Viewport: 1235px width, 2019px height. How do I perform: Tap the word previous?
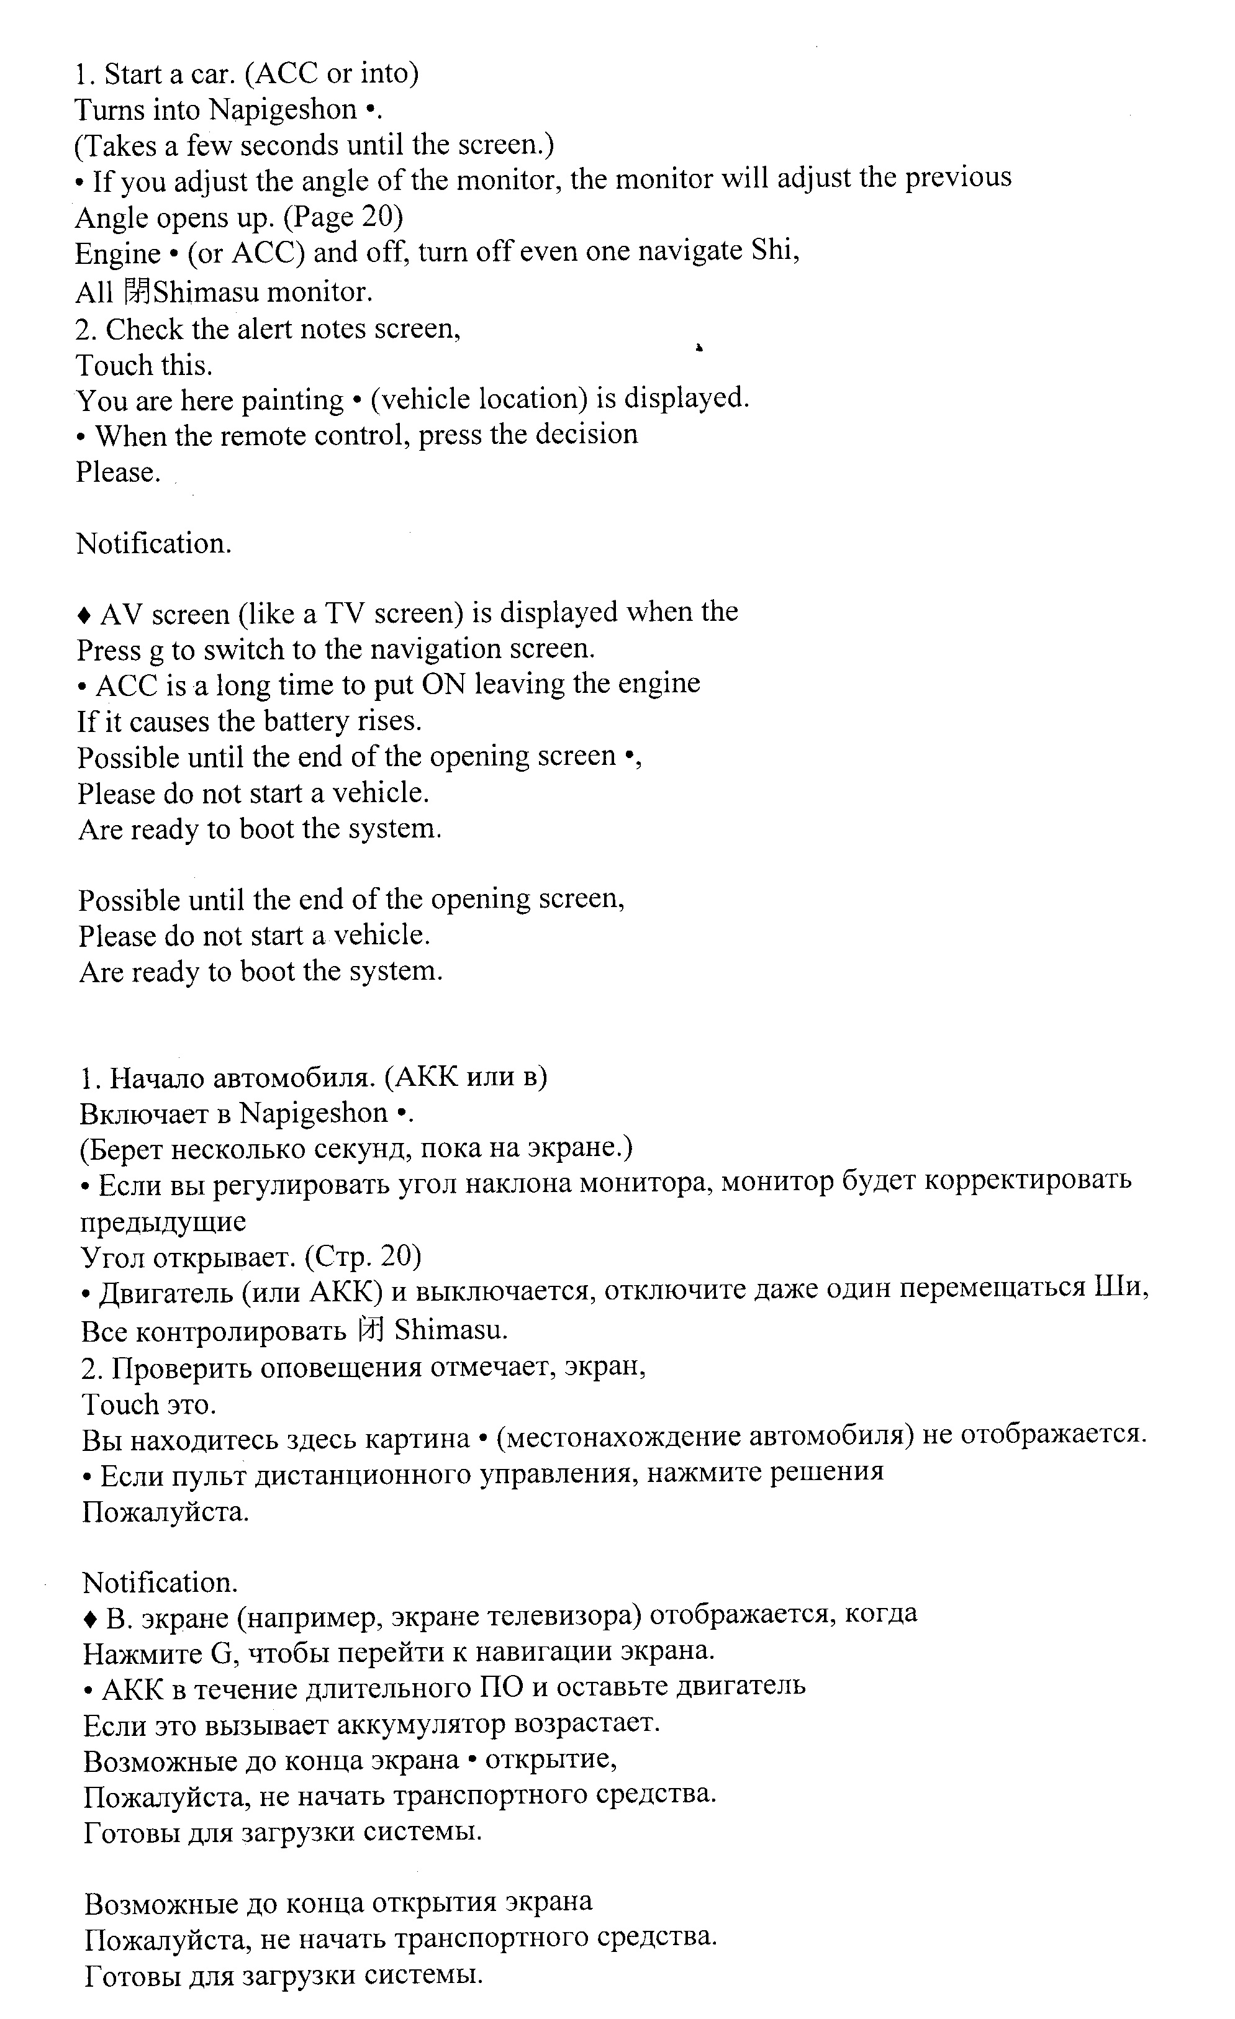pyautogui.click(x=958, y=178)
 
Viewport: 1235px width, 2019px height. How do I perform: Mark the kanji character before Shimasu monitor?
pyautogui.click(x=136, y=291)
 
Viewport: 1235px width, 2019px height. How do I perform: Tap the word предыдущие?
pyautogui.click(x=163, y=1222)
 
